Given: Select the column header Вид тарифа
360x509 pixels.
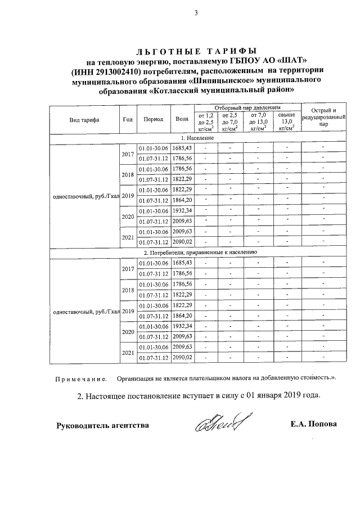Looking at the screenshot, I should click(x=84, y=120).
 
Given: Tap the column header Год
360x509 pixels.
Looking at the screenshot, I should click(x=128, y=119).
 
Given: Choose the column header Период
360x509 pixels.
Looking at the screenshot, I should click(x=153, y=119).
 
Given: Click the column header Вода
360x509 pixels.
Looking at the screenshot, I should click(x=182, y=119).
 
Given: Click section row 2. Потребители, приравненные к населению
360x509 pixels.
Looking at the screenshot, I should click(x=200, y=253).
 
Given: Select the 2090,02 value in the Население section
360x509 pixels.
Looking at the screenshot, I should click(x=182, y=242).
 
